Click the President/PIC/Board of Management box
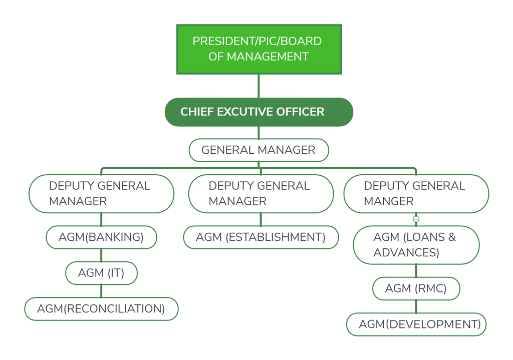[x=259, y=49]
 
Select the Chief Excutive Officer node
[x=259, y=112]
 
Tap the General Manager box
[x=259, y=150]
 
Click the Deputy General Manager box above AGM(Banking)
[x=101, y=194]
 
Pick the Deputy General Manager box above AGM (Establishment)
[x=261, y=194]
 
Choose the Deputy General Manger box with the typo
[x=416, y=194]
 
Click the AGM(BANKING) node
[x=101, y=237]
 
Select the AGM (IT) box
[x=101, y=273]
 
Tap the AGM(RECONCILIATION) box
[x=101, y=309]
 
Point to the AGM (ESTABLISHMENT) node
[x=261, y=237]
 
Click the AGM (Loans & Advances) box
[x=416, y=245]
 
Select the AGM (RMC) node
[x=416, y=289]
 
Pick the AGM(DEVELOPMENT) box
[x=416, y=324]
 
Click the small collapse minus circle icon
[x=416, y=219]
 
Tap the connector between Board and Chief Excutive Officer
[x=259, y=86]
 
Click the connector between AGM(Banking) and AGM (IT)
[x=101, y=255]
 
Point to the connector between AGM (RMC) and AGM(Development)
[x=416, y=307]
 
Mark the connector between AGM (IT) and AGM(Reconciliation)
[x=101, y=291]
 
